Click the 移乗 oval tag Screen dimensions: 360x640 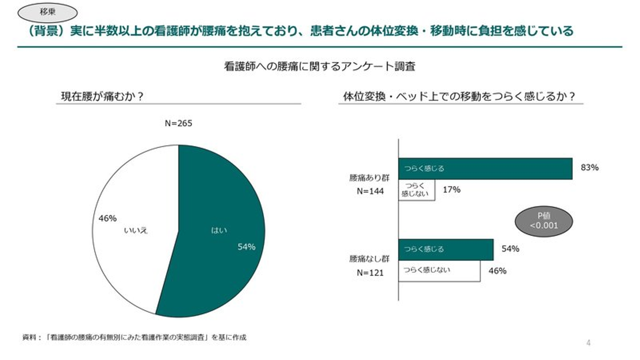(x=47, y=12)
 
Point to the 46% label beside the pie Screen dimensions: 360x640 (x=108, y=218)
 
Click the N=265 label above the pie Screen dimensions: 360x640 (x=178, y=124)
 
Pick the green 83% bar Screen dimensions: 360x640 (x=485, y=168)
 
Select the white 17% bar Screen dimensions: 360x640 (x=416, y=190)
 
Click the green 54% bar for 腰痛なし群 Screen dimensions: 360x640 (x=446, y=249)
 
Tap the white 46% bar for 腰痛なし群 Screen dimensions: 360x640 (x=439, y=271)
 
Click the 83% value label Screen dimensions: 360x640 (x=590, y=168)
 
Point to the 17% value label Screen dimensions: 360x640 (x=452, y=190)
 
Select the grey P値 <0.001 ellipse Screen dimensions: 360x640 (x=544, y=221)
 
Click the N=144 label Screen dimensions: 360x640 (x=370, y=192)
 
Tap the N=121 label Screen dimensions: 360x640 (x=370, y=273)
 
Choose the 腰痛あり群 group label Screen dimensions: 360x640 (x=370, y=178)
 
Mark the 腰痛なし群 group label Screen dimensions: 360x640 (x=370, y=259)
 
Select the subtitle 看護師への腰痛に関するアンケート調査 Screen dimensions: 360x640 (x=320, y=67)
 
